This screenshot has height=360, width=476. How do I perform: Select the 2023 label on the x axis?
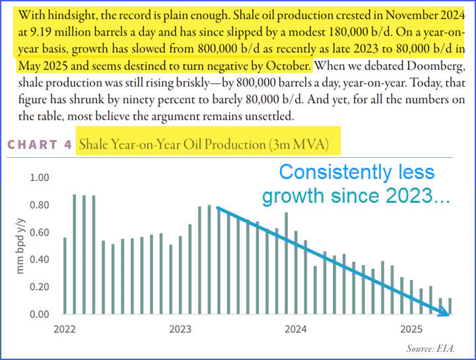pyautogui.click(x=180, y=328)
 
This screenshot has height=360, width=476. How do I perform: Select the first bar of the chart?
pyautogui.click(x=65, y=275)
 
